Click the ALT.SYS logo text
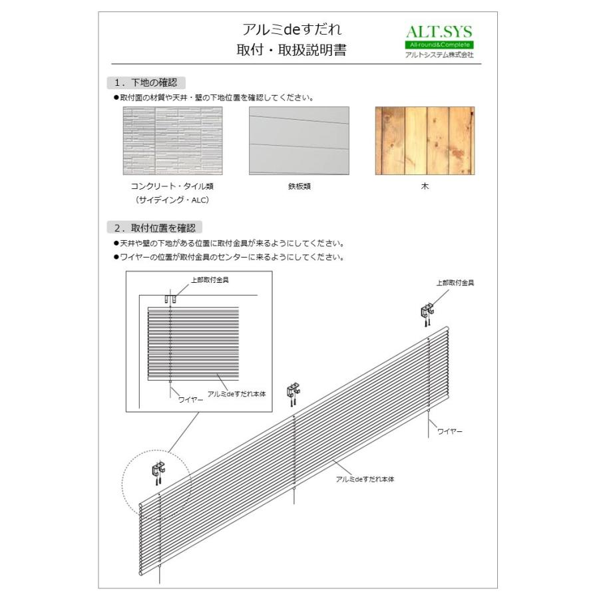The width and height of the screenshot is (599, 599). [439, 31]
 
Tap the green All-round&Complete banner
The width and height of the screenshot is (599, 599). [439, 45]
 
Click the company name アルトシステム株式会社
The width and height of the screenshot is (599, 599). [439, 55]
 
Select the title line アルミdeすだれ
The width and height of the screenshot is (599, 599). [293, 30]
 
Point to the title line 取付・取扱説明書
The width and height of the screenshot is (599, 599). [293, 51]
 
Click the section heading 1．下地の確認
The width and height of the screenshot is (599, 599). [146, 83]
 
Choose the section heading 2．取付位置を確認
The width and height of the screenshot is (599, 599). [154, 228]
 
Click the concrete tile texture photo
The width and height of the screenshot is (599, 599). [172, 141]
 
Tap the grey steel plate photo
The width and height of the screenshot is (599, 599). [299, 141]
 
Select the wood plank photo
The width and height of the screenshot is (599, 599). [425, 141]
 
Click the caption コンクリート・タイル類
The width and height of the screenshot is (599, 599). [172, 186]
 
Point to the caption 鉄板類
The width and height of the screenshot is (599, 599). [299, 186]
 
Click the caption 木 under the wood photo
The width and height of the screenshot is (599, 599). [425, 186]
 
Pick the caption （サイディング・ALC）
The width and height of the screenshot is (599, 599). [172, 200]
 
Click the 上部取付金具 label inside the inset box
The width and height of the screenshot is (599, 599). [210, 280]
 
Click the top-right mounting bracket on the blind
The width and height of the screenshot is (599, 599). [428, 312]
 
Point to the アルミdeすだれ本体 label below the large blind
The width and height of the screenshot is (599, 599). [365, 479]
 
